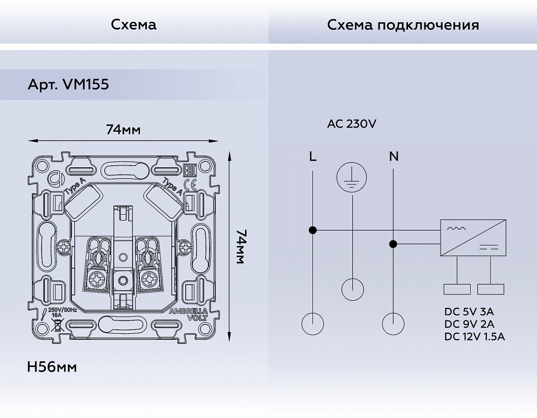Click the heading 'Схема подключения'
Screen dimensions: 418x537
[403, 25]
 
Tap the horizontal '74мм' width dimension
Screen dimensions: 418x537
[123, 129]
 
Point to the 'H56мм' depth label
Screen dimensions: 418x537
[52, 367]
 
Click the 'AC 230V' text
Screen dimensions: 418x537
[352, 124]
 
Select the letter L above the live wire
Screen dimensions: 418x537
[313, 156]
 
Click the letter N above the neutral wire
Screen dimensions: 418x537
[394, 156]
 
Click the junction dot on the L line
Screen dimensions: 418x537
[313, 230]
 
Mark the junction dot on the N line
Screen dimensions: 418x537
[393, 244]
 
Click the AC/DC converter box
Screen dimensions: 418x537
[473, 237]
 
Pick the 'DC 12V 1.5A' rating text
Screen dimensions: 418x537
[474, 336]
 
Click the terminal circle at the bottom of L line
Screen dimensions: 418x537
[313, 323]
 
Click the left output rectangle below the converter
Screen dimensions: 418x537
[457, 289]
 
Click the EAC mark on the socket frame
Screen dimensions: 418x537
[188, 170]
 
